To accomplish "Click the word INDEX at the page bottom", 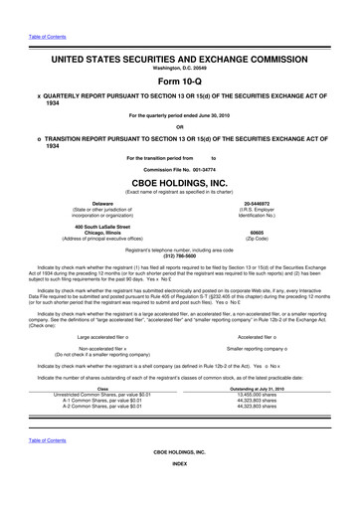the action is (x=180, y=490).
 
